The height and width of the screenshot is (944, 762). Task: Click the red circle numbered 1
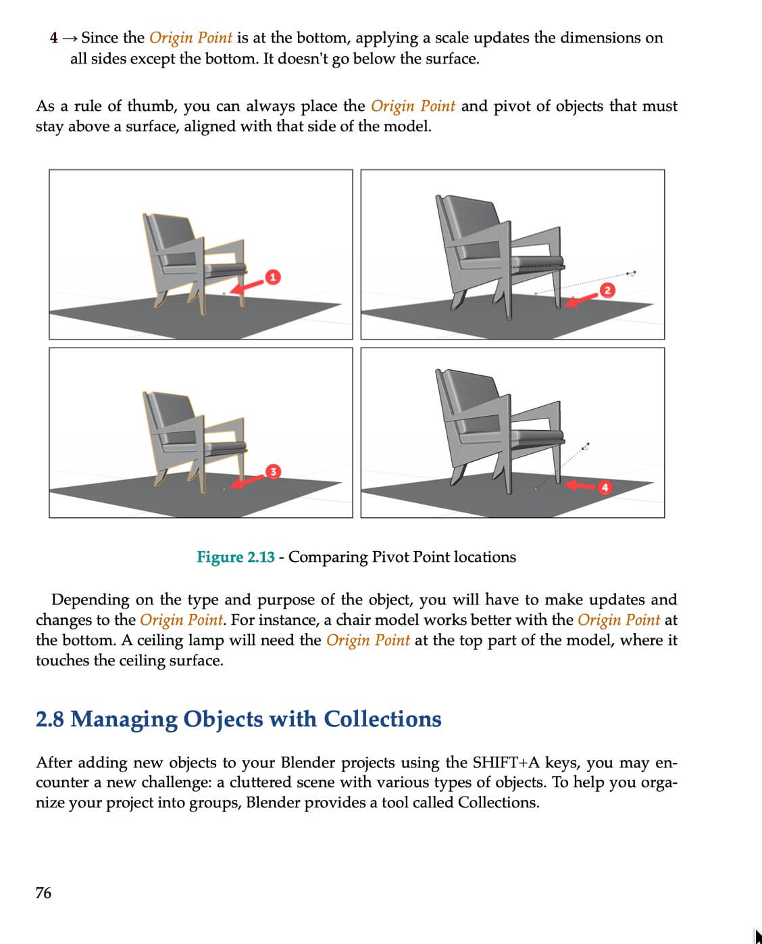[x=272, y=277]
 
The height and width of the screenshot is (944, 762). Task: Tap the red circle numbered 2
[x=607, y=290]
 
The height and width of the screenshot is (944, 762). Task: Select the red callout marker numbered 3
[x=272, y=471]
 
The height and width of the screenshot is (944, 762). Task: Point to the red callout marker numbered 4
[x=605, y=487]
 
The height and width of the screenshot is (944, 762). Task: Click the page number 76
[x=43, y=893]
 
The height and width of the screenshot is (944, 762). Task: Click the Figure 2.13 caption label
[x=235, y=557]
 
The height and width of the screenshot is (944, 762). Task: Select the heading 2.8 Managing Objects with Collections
[x=238, y=719]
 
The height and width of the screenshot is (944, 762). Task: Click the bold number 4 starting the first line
[x=53, y=38]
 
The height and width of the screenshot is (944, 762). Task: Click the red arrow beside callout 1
[x=246, y=287]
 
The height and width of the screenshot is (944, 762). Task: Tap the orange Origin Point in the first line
[x=190, y=38]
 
